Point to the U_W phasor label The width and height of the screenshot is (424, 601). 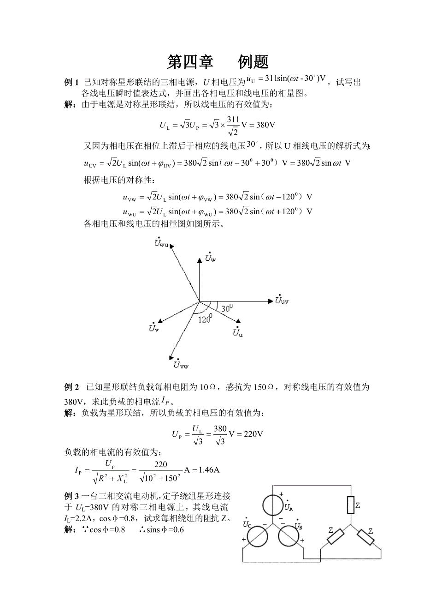pyautogui.click(x=211, y=258)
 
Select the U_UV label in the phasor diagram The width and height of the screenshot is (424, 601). pyautogui.click(x=282, y=300)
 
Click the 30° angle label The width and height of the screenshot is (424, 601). pyautogui.click(x=227, y=308)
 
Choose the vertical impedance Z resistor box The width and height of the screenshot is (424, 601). pyautogui.click(x=350, y=505)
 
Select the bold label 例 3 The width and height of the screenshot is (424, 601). pyautogui.click(x=71, y=496)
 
